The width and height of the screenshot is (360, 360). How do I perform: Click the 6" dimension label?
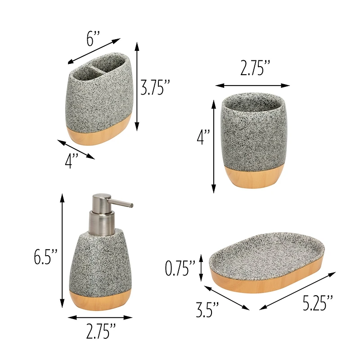(x=93, y=39)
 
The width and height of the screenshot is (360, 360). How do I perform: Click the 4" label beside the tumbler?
(x=203, y=137)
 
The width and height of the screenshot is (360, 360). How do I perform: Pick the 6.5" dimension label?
(x=46, y=256)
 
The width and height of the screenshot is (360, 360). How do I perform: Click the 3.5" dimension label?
(x=207, y=310)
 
